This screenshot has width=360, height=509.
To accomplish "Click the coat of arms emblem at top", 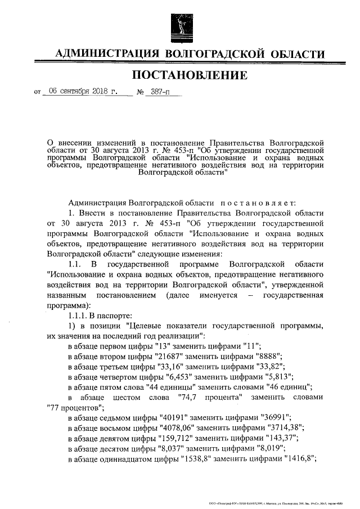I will click(x=180, y=24).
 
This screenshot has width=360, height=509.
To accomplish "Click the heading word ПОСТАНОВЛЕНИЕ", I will click(x=189, y=74).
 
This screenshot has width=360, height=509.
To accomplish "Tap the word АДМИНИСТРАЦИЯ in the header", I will click(x=107, y=54).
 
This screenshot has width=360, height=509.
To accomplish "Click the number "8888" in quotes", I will click(x=263, y=357).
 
